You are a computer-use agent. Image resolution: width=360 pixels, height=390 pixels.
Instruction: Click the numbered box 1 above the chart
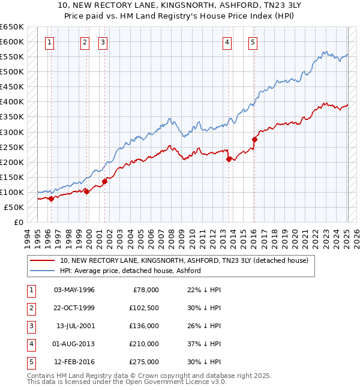click(49, 42)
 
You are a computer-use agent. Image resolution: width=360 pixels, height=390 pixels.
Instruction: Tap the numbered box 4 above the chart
click(227, 42)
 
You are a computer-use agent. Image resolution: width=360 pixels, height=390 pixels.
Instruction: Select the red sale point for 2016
click(254, 139)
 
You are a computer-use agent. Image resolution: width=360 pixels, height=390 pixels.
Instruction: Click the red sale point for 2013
click(229, 159)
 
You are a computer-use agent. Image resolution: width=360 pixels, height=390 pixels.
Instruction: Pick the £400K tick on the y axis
click(13, 102)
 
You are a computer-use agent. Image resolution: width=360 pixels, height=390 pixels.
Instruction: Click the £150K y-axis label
click(13, 177)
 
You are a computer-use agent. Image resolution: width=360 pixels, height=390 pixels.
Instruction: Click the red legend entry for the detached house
click(184, 260)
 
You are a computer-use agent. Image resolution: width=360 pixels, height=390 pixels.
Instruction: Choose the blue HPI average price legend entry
click(130, 271)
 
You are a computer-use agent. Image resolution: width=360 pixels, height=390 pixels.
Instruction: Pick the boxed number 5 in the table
click(30, 362)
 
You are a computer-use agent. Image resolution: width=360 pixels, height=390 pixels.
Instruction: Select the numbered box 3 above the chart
click(103, 42)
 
